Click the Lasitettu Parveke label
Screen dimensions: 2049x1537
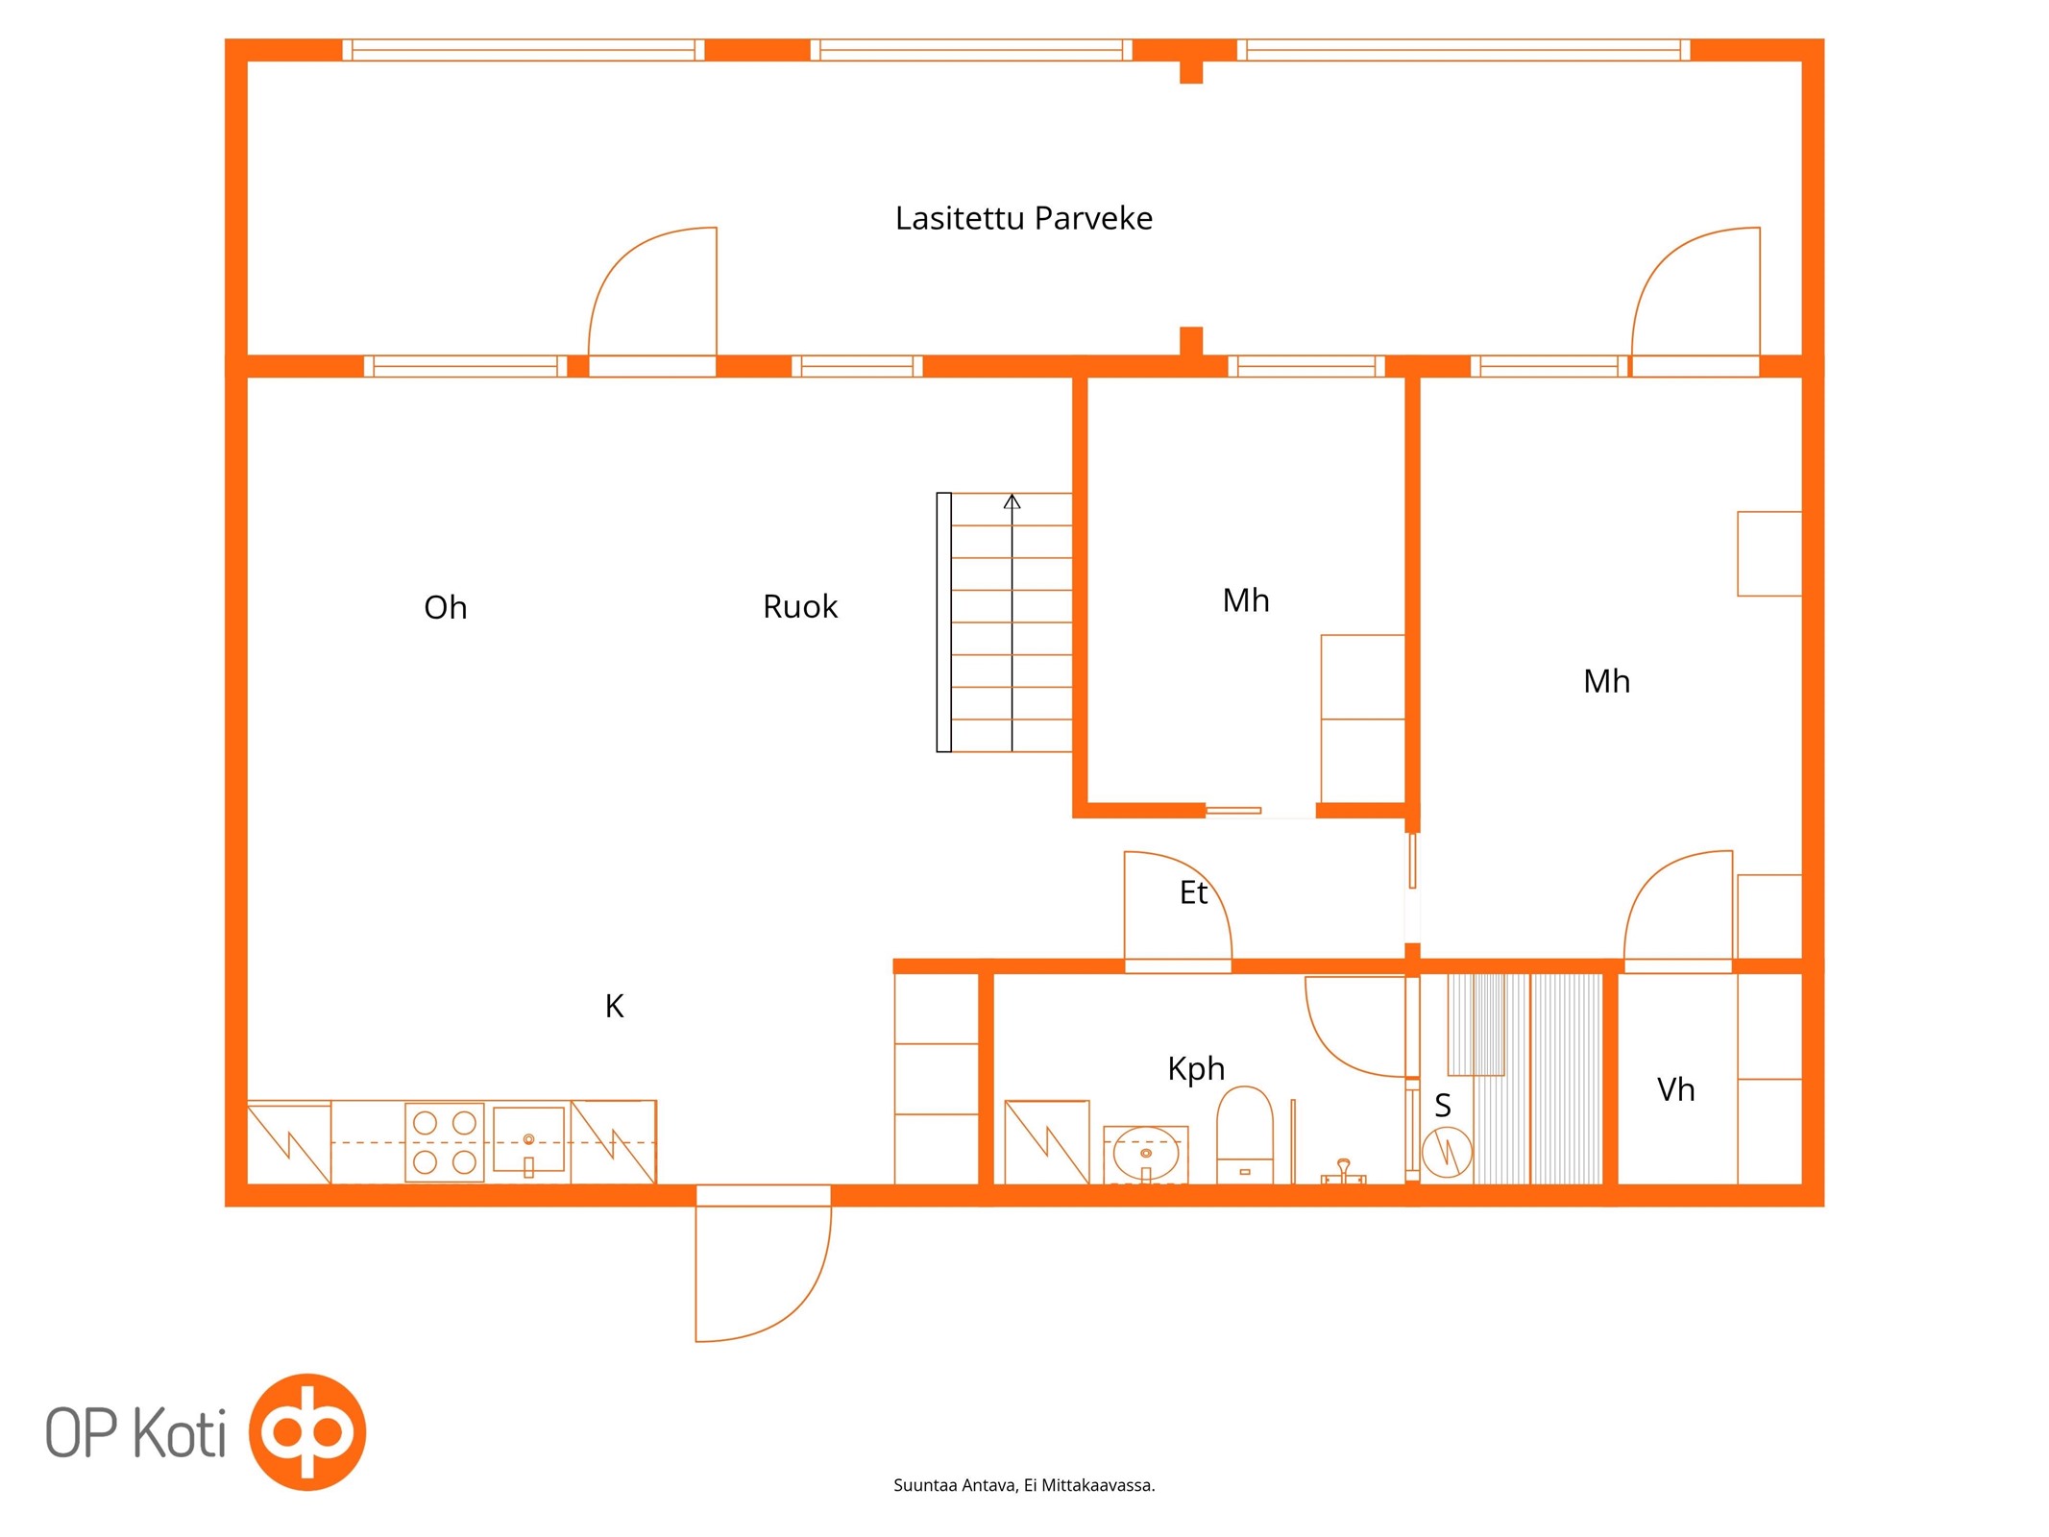tap(1023, 219)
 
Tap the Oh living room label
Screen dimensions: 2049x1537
tap(445, 607)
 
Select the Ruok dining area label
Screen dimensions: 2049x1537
tap(800, 606)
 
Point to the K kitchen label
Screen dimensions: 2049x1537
tap(615, 1006)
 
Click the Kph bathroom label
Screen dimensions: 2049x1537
tap(1196, 1069)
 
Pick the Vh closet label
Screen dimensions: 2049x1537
tap(1676, 1089)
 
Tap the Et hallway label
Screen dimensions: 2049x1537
tap(1193, 892)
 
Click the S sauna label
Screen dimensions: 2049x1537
tap(1443, 1106)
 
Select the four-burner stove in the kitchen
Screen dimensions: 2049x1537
tap(444, 1142)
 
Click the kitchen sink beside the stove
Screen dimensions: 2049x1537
tap(528, 1141)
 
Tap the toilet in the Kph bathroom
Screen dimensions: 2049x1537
tap(1244, 1134)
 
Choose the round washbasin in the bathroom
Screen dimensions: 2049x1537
tap(1146, 1154)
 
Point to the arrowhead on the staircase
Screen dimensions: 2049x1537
tap(1012, 501)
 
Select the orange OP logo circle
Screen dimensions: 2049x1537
tap(307, 1431)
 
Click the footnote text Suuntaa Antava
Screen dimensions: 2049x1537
tap(955, 1485)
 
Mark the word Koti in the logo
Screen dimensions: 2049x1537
tap(180, 1432)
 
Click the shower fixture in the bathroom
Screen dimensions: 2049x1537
tap(1343, 1171)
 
